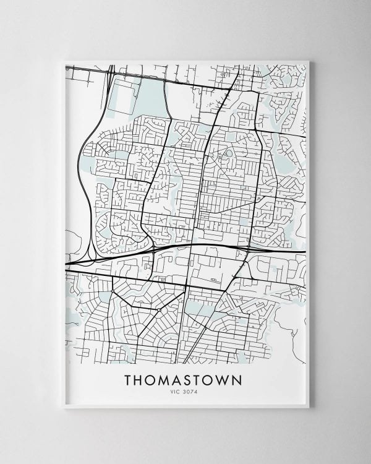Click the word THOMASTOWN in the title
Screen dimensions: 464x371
(183, 380)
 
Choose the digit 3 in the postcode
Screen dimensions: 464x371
(185, 391)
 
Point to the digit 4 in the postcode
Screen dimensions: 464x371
(195, 391)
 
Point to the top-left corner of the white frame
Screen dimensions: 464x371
(64, 61)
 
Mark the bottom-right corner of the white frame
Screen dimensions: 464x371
(309, 407)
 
